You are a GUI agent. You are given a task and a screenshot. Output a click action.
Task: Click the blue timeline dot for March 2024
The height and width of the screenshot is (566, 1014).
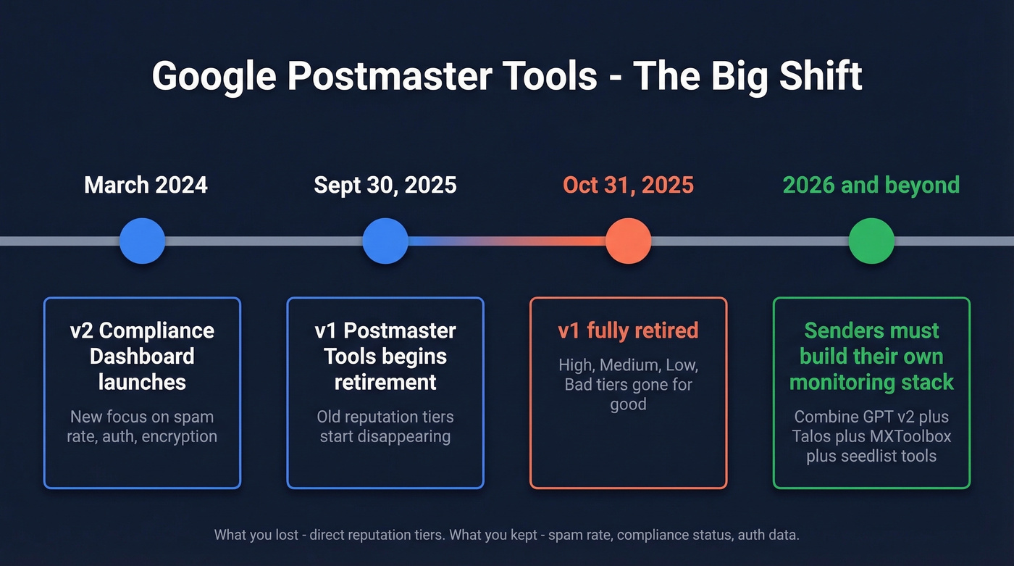pos(142,241)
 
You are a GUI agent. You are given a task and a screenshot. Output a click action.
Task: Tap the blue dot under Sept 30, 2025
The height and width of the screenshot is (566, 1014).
pos(385,241)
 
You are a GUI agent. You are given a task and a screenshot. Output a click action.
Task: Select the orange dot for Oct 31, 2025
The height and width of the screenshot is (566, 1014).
pos(628,241)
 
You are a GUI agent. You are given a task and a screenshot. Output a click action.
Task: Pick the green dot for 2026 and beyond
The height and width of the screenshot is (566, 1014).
pos(871,241)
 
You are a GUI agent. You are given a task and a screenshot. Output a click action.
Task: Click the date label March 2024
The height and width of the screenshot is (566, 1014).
pos(146,185)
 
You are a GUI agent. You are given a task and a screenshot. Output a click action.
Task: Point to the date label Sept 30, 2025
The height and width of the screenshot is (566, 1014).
pos(385,185)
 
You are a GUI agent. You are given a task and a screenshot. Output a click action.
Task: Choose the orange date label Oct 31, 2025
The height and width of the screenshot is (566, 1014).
pos(628,185)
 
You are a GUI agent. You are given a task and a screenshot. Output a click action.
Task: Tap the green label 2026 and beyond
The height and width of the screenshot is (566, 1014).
pos(871,185)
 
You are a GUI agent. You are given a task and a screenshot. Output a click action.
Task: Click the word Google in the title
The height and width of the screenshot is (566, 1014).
pos(214,76)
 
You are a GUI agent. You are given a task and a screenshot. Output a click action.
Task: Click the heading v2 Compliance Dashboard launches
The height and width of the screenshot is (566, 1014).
pos(142,356)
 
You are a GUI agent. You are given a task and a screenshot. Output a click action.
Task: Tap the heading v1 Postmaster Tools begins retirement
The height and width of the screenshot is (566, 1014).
pos(385,356)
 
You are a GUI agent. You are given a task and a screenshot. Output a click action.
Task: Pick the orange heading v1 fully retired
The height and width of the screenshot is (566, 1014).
pos(628,330)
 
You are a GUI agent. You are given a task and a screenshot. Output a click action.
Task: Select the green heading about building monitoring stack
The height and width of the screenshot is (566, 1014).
pos(871,356)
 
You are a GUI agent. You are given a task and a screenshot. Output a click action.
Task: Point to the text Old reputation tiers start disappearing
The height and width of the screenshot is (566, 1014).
pos(385,427)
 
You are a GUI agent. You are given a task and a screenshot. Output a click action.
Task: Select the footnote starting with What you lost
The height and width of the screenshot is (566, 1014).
pos(506,536)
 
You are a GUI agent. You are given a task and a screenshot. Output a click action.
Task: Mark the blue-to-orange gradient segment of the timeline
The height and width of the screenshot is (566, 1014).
pos(507,241)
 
